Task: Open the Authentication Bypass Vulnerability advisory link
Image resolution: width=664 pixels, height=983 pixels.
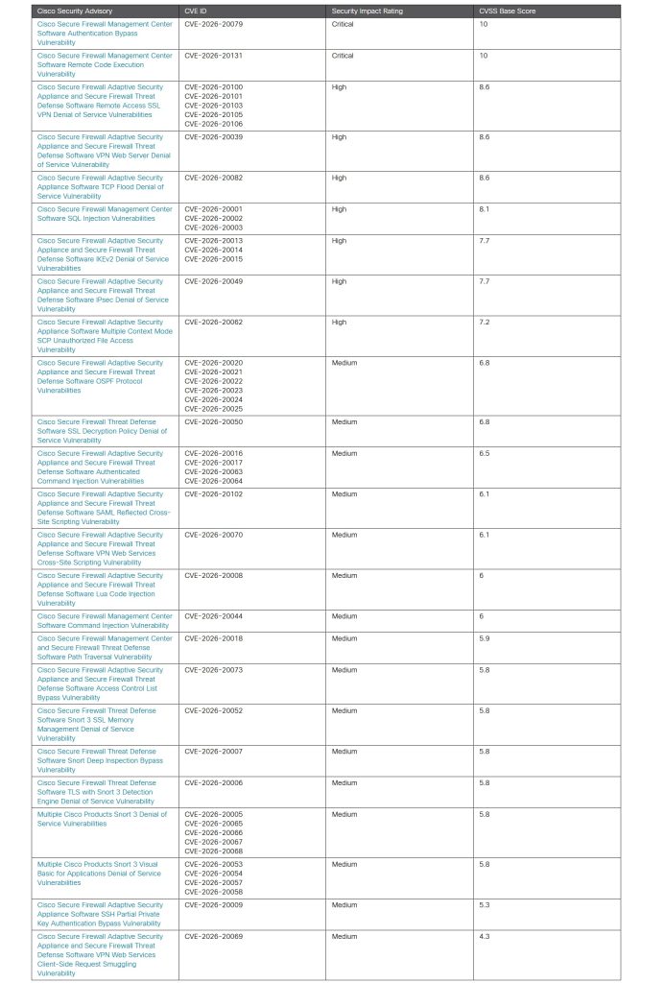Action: click(105, 34)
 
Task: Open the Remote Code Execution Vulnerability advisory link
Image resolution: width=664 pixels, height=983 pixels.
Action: click(105, 64)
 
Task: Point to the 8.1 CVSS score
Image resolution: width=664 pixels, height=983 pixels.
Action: click(484, 209)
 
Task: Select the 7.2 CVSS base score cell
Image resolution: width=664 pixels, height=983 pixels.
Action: click(484, 323)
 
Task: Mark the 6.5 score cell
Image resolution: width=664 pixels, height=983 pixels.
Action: click(484, 453)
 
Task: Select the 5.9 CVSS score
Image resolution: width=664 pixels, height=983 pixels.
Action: click(484, 638)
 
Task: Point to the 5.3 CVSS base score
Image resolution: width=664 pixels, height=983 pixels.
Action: click(484, 905)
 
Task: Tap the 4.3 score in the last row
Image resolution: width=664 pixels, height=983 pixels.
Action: click(484, 937)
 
